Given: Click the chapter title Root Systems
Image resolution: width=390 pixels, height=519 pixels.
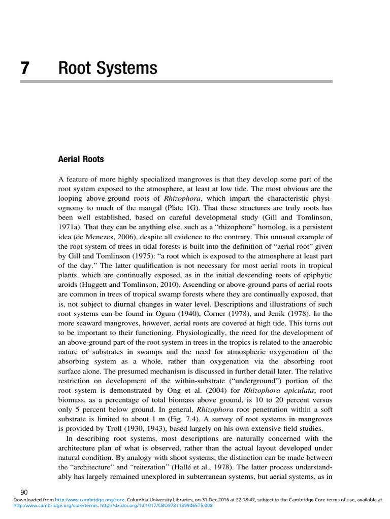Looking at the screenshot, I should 108,68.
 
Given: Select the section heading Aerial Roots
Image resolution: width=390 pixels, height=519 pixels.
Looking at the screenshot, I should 81,159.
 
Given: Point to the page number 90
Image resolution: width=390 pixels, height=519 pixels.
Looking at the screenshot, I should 24,492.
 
